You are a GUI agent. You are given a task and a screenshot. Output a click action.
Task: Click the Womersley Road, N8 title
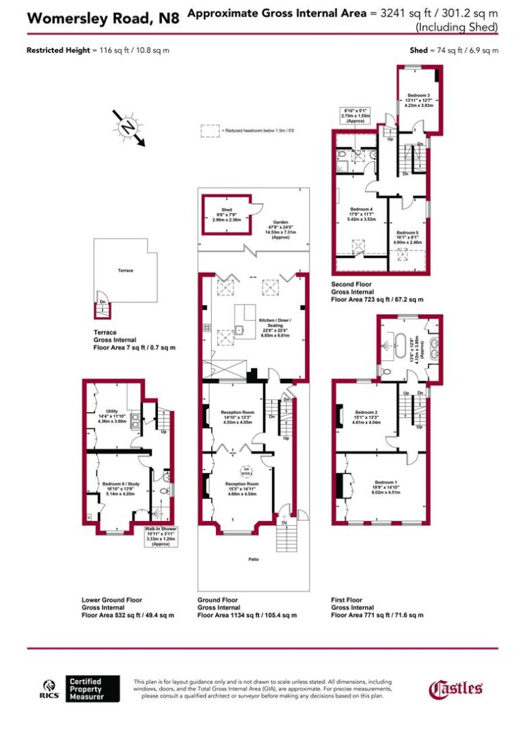pos(103,18)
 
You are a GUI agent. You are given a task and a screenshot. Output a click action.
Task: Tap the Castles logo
pos(456,689)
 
